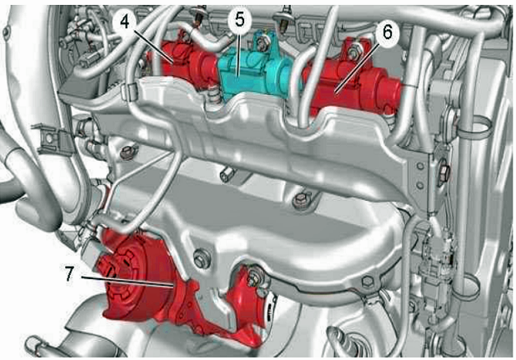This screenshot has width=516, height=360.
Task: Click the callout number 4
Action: [124, 22]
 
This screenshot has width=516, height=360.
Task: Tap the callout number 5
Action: [240, 19]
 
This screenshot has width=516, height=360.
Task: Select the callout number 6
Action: [388, 32]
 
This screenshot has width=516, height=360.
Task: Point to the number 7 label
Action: [69, 274]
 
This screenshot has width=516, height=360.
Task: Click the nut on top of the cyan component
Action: [262, 42]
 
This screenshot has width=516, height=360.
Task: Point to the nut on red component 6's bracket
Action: [354, 52]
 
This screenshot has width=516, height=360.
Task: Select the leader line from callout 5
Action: [238, 53]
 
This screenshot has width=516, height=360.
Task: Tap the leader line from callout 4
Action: [153, 46]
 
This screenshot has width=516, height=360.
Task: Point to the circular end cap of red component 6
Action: [391, 93]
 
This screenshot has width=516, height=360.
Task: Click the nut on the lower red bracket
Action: [254, 276]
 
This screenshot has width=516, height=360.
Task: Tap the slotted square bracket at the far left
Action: [52, 139]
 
